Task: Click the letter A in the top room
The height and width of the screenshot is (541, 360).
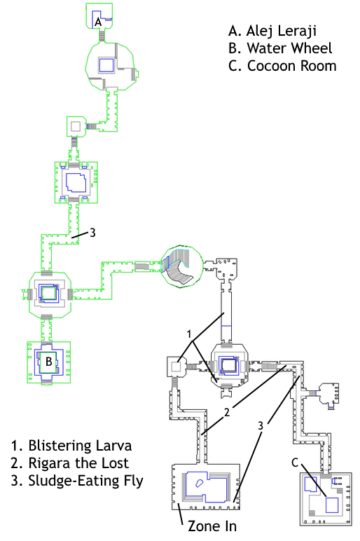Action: [98, 22]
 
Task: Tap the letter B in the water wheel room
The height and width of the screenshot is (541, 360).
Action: [49, 361]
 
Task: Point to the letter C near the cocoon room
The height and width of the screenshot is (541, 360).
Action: [295, 463]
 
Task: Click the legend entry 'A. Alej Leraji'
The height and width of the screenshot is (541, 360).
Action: [272, 31]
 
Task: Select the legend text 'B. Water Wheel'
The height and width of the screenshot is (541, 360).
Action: [280, 48]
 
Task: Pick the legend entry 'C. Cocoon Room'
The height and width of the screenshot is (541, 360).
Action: [282, 66]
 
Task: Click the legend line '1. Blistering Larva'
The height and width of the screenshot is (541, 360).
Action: [71, 446]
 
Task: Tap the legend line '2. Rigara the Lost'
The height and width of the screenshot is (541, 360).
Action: [69, 463]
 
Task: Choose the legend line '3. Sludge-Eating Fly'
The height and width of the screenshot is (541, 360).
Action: [77, 481]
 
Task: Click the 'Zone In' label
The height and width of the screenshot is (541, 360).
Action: [212, 526]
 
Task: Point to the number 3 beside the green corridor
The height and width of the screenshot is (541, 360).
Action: [92, 233]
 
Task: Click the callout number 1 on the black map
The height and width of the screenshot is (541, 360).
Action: [189, 334]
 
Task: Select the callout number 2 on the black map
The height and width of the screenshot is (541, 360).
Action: [227, 412]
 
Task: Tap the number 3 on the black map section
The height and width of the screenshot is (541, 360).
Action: [261, 426]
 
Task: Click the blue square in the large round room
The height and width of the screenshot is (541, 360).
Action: [106, 65]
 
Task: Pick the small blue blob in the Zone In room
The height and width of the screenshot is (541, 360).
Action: [199, 483]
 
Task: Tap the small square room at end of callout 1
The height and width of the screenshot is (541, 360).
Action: [176, 367]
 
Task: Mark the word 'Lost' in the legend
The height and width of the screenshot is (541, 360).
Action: [114, 463]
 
